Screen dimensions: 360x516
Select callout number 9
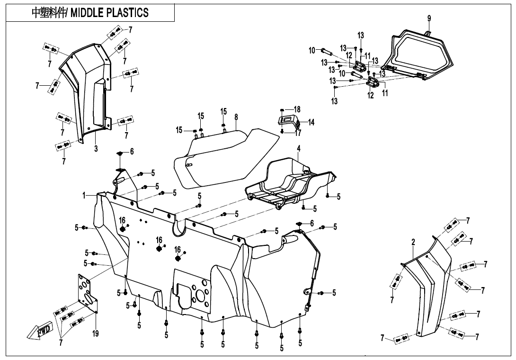tap(429, 18)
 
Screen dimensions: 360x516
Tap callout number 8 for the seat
tap(236, 117)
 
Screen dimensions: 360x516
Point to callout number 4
tap(299, 148)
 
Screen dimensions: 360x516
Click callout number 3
tap(96, 148)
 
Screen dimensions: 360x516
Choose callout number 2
tap(413, 243)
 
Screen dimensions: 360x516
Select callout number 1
tap(84, 195)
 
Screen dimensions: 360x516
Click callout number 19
tap(95, 334)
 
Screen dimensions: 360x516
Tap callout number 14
tap(311, 122)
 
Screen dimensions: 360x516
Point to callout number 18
tap(297, 109)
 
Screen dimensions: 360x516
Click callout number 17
tap(298, 134)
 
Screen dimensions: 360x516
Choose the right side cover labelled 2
tap(428, 289)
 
